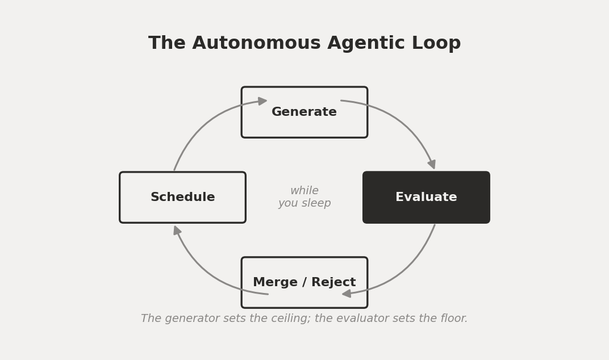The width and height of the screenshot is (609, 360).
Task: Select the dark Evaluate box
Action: pyautogui.click(x=426, y=197)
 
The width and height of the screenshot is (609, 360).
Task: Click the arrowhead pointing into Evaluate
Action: pyautogui.click(x=432, y=164)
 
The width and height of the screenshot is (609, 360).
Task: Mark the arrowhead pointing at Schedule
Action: pyautogui.click(x=177, y=231)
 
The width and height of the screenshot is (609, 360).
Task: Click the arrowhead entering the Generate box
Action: pyautogui.click(x=262, y=101)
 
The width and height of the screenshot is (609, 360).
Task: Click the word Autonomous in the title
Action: pyautogui.click(x=256, y=43)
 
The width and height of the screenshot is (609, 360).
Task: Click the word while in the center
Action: pyautogui.click(x=304, y=191)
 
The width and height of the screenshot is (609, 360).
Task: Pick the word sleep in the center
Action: pyautogui.click(x=316, y=203)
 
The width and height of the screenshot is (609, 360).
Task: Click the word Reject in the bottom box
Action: pyautogui.click(x=333, y=282)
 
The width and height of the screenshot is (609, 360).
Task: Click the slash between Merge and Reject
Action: pyautogui.click(x=304, y=283)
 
